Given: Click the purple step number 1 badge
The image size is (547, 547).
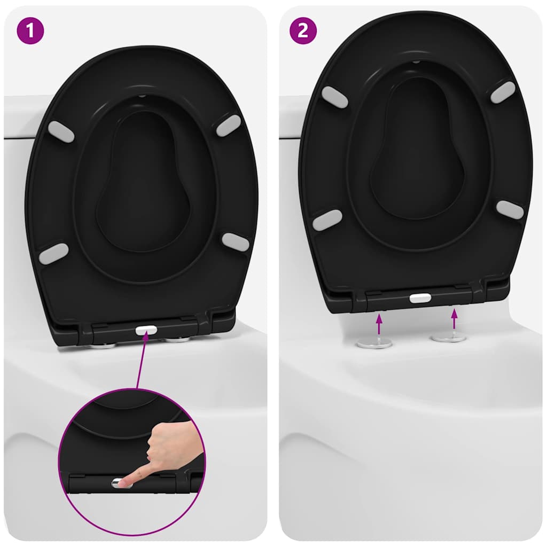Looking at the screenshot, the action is [x=30, y=30].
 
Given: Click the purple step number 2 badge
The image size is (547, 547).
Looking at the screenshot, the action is [x=303, y=30].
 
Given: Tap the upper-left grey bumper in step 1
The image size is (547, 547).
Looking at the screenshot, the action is [x=61, y=131].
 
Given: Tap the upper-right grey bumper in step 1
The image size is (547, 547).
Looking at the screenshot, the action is [x=229, y=125].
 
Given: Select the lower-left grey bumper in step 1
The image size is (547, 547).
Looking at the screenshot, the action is [x=54, y=253].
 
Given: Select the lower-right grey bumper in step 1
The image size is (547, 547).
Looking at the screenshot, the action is [x=236, y=242].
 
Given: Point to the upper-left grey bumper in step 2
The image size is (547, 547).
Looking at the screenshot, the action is [x=334, y=97].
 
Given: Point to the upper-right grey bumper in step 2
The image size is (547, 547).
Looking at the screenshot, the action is [x=503, y=92].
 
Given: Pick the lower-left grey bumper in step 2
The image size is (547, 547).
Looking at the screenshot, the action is [x=327, y=220].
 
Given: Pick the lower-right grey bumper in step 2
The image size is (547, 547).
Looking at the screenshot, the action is [x=510, y=209].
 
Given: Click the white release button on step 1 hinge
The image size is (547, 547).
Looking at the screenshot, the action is [x=146, y=330].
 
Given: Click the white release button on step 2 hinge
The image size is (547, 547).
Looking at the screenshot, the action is [x=420, y=298].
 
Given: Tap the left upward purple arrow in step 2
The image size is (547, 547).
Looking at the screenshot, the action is [x=379, y=324].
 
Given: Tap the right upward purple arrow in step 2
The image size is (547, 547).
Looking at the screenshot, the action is [x=454, y=319].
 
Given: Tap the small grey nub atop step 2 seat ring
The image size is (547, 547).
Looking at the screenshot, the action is [x=416, y=62].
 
